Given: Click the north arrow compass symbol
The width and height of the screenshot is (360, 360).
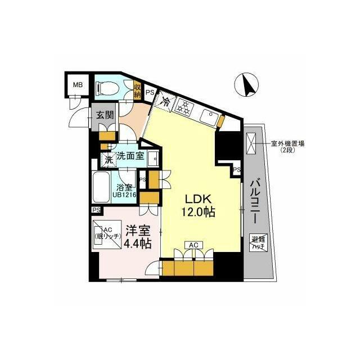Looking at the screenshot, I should pos(246,85).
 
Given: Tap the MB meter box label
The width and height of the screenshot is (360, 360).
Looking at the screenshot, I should pos(76,86).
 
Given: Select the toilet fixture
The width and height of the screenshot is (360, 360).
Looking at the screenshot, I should pos(106,87).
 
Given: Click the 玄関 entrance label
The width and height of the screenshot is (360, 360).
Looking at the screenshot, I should pos(105,116).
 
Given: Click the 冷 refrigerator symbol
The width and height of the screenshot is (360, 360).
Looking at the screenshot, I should pos(166,102).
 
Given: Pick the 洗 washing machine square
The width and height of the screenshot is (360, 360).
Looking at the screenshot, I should pos(109,159).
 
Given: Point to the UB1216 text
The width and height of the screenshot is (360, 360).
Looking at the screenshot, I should pos(124,195).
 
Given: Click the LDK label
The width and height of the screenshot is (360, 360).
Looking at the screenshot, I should pos(195,200).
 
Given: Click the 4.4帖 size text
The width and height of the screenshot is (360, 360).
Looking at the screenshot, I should pos(137,244).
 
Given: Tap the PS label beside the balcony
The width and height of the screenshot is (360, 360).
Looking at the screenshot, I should pos(237,170).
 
